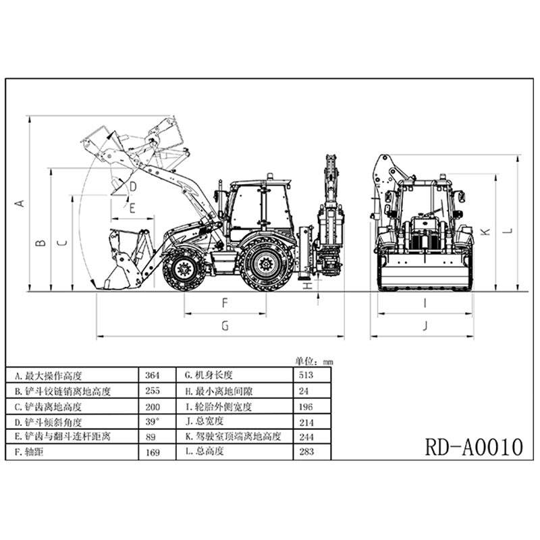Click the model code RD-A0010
pyautogui.click(x=474, y=447)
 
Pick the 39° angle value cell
pyautogui.click(x=153, y=422)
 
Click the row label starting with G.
pyautogui.click(x=205, y=376)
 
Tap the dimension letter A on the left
pyautogui.click(x=20, y=202)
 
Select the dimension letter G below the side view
pyautogui.click(x=225, y=326)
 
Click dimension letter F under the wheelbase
pyautogui.click(x=225, y=303)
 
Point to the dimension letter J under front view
pyautogui.click(x=425, y=326)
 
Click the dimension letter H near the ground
pyautogui.click(x=308, y=286)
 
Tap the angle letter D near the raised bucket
pyautogui.click(x=133, y=186)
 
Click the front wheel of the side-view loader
pyautogui.click(x=183, y=269)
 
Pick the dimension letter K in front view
pyautogui.click(x=484, y=232)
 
